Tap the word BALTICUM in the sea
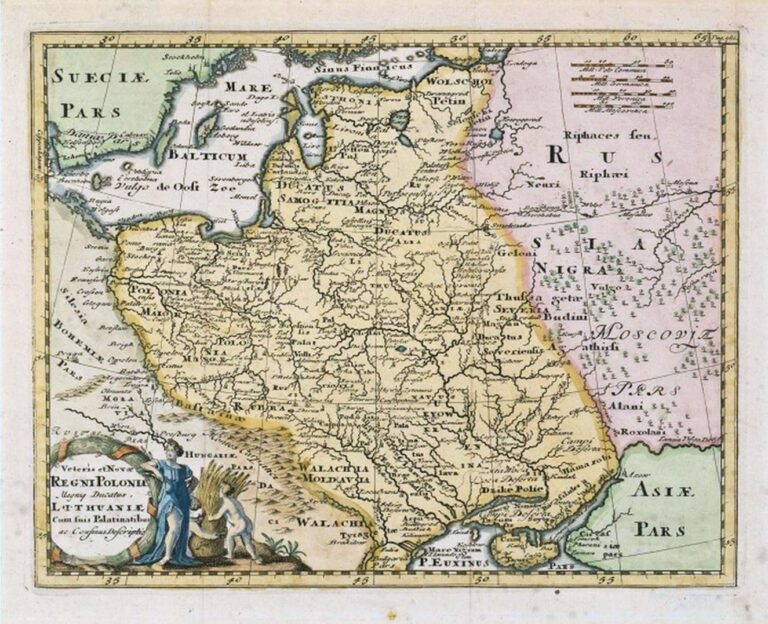[x=206, y=156]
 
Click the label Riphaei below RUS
[x=600, y=173]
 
